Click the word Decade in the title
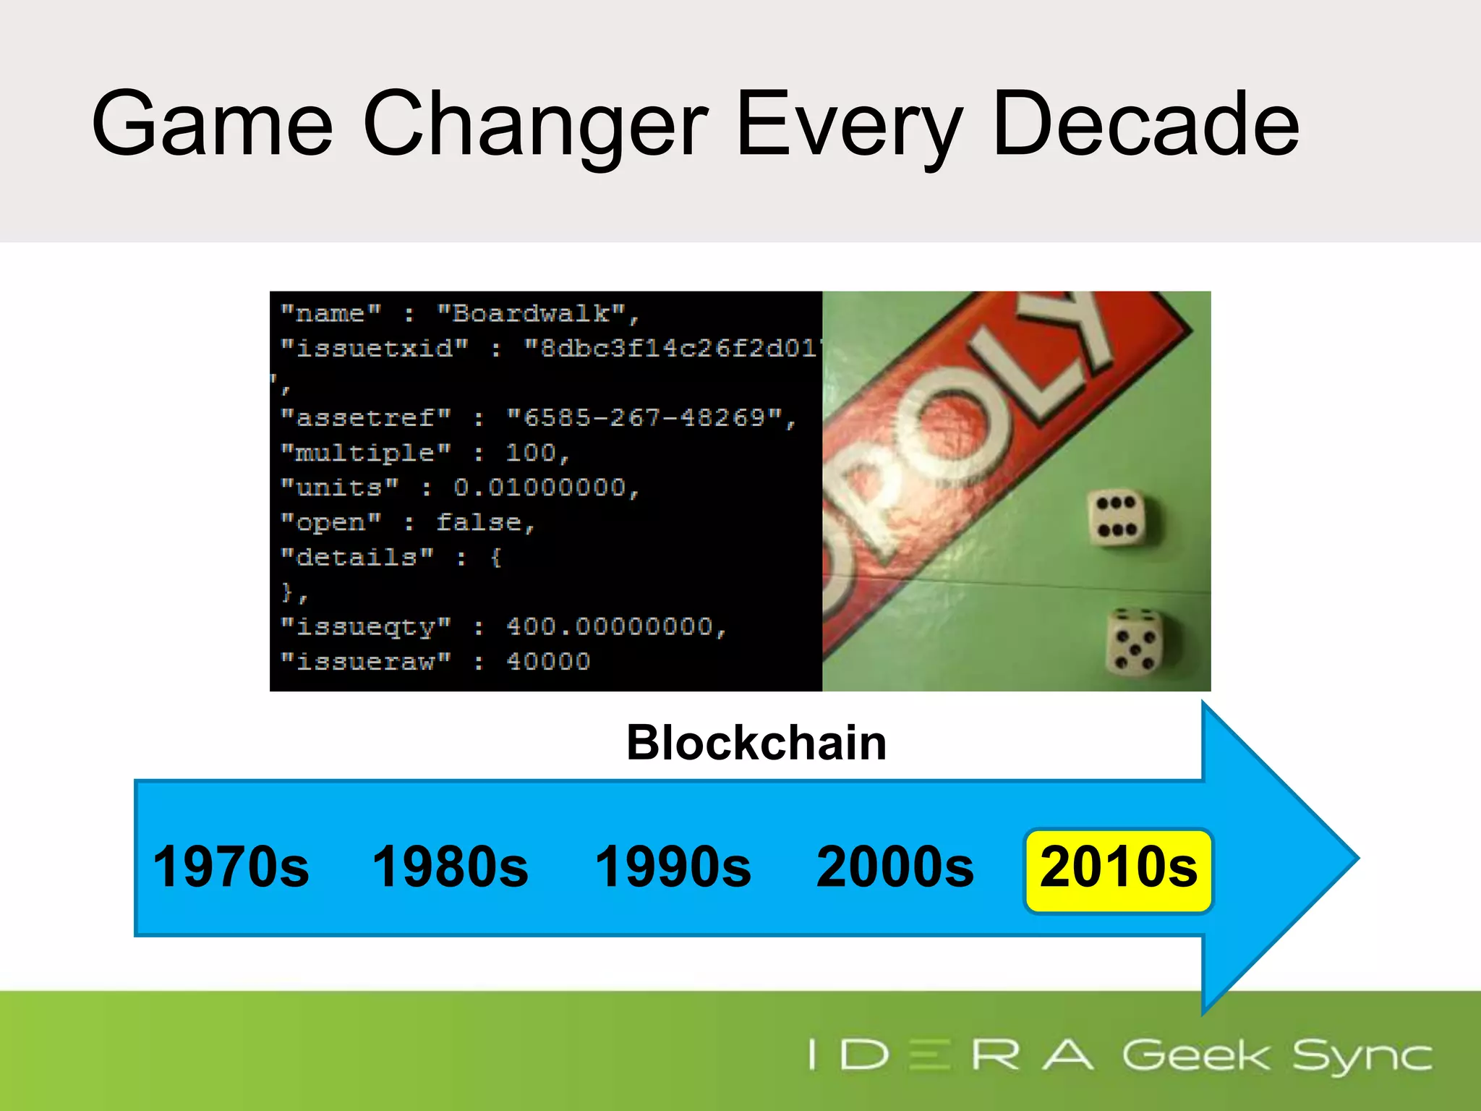[1146, 124]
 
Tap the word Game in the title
[212, 124]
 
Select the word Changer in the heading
[535, 124]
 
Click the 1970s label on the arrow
[231, 867]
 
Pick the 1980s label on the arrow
[450, 867]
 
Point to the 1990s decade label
[673, 867]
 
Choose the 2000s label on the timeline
[895, 867]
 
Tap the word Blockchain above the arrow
[756, 743]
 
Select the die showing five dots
[1134, 641]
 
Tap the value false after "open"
[478, 522]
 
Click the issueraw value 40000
[548, 661]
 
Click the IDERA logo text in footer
[950, 1055]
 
